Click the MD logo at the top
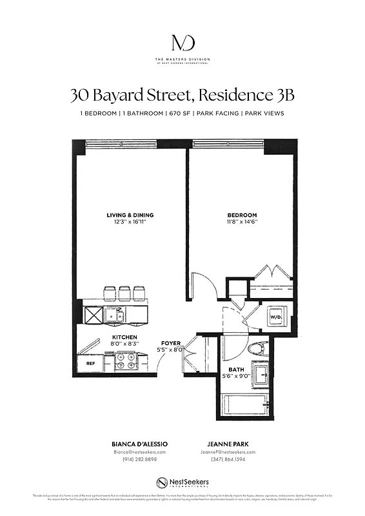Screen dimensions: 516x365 182,43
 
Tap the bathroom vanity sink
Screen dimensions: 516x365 262,373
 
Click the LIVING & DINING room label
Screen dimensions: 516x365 130,215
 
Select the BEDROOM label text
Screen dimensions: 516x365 242,215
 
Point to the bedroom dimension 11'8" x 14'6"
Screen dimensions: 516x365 242,222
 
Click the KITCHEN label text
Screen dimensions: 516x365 124,337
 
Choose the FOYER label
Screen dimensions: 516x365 171,343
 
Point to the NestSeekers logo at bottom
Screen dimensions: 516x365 182,482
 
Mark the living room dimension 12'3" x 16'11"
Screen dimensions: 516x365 130,222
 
